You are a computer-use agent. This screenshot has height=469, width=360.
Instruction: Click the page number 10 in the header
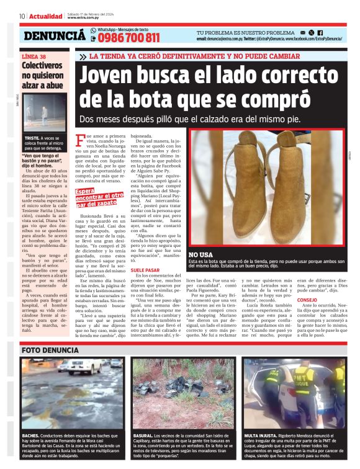coord(22,16)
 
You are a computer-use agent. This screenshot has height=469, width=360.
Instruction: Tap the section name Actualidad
coord(46,16)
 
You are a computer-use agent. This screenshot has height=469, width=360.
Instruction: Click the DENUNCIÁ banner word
coord(55,37)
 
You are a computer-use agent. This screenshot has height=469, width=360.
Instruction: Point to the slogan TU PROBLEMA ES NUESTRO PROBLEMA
coord(245,32)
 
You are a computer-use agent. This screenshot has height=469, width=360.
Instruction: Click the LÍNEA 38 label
coord(34,56)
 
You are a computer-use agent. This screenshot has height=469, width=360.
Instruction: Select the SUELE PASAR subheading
coord(145,270)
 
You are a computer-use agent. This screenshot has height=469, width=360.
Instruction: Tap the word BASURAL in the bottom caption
coord(143,437)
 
